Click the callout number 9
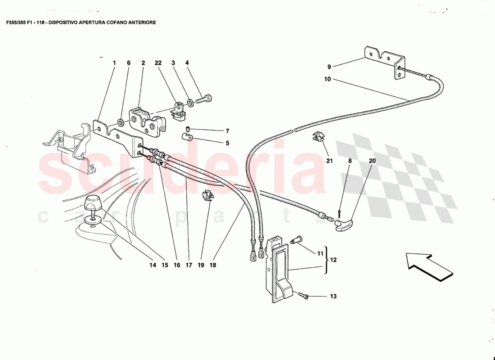point(329,67)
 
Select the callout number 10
point(327,79)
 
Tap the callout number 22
point(157,63)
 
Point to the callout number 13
point(333,297)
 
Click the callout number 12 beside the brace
point(333,260)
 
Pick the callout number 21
point(329,161)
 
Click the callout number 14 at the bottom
point(153,265)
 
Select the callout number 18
point(213,265)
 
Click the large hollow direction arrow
point(428,267)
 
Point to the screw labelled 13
point(303,295)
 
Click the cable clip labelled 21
point(319,136)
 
